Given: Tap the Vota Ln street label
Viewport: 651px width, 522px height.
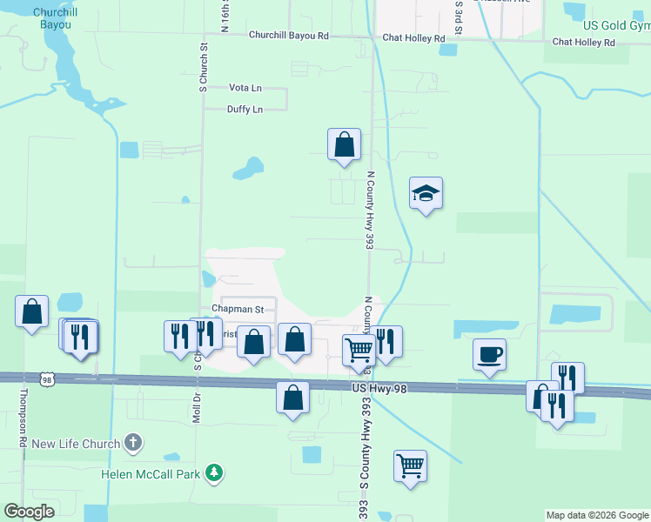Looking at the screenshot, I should [x=245, y=88].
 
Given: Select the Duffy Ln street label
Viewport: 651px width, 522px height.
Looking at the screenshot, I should [x=245, y=110].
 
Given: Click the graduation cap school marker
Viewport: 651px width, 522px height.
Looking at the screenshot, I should [x=426, y=193].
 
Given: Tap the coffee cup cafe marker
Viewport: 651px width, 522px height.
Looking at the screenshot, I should [x=489, y=354].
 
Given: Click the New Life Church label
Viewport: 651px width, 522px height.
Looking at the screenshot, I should [x=75, y=444].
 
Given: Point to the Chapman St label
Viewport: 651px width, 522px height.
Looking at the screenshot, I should [x=238, y=309].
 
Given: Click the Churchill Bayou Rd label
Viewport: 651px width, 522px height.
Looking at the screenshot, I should [x=288, y=36].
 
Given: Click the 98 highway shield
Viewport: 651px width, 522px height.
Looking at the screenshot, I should [x=47, y=378].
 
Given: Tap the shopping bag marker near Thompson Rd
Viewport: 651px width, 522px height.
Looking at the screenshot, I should [x=32, y=311].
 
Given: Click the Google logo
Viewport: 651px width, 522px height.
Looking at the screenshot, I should [x=30, y=512].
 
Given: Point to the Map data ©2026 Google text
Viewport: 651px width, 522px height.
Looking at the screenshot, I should [x=596, y=515].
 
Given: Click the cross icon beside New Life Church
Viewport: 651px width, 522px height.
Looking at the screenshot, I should [x=132, y=444].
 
